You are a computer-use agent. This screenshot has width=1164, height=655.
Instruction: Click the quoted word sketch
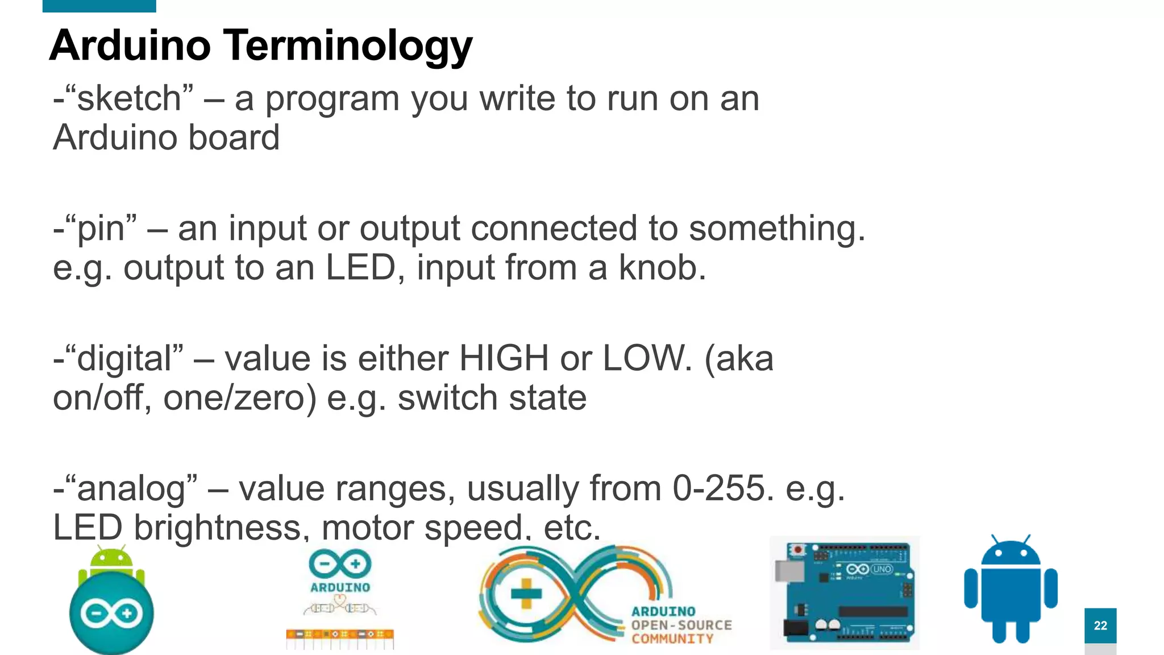tap(129, 98)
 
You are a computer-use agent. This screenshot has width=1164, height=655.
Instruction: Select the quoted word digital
tap(124, 359)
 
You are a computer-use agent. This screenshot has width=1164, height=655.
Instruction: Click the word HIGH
tap(504, 359)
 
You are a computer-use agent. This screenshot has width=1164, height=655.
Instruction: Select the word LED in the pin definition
tap(360, 268)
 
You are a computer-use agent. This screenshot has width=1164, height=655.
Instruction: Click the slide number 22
tap(1100, 625)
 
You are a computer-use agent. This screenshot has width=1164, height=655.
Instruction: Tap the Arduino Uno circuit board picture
tap(845, 592)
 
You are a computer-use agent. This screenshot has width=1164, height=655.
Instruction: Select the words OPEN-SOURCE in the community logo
tap(681, 625)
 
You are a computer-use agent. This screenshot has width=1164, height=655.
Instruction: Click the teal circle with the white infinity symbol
tap(111, 613)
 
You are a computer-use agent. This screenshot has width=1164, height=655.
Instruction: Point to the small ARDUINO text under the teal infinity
tap(340, 587)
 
